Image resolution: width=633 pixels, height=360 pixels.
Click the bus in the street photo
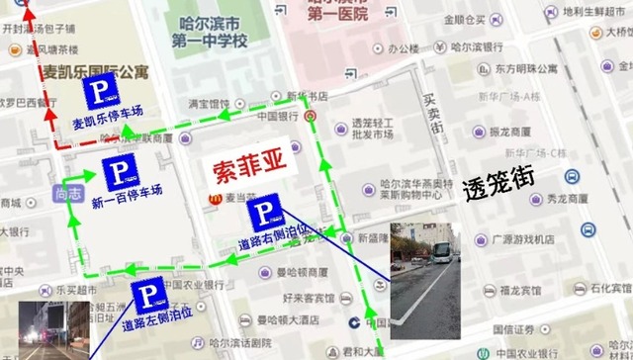click(x=440, y=256)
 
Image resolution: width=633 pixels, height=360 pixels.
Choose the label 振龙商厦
click(x=510, y=132)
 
